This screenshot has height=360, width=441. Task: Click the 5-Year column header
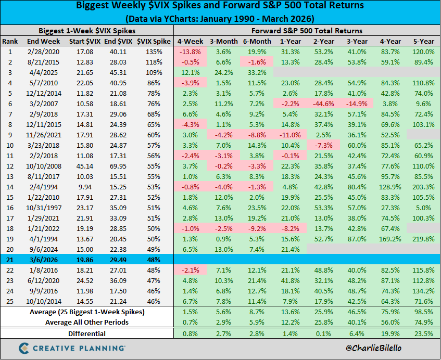pyautogui.click(x=423, y=41)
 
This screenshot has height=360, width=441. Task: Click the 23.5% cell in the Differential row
pyautogui.click(x=423, y=333)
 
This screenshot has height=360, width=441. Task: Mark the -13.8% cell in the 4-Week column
pyautogui.click(x=191, y=52)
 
